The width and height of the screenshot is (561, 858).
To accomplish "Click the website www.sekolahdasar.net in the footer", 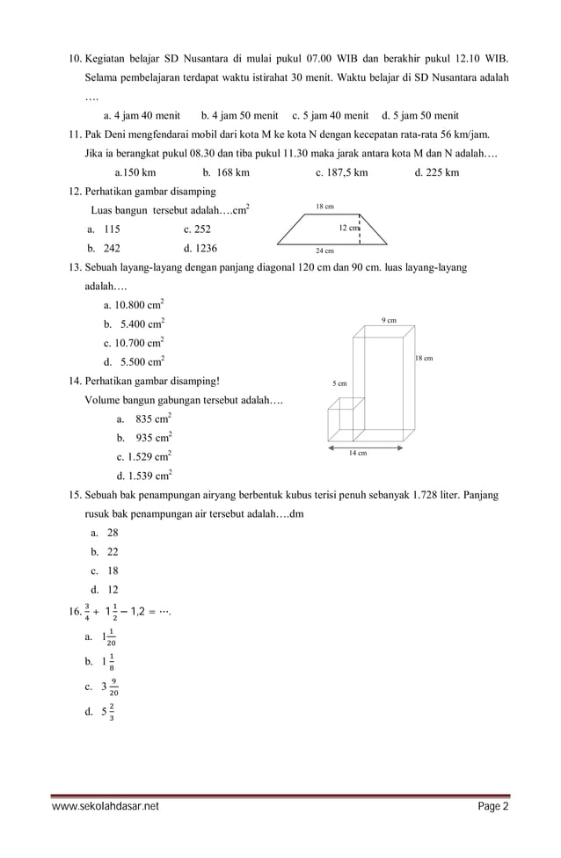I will [x=106, y=806].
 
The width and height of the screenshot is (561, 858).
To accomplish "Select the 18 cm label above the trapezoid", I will [x=324, y=206].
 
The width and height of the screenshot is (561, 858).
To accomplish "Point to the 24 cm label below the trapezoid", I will [x=324, y=251].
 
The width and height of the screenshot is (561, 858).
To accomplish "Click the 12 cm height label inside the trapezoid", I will [x=349, y=228].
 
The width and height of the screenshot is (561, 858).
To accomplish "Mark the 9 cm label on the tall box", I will [x=390, y=320].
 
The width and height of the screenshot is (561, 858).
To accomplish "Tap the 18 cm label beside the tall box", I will [x=424, y=359].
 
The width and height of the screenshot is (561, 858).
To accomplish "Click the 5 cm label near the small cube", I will [x=339, y=383].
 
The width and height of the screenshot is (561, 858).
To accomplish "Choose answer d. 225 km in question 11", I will [x=436, y=172].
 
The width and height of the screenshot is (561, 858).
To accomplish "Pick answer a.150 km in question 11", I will [x=135, y=172].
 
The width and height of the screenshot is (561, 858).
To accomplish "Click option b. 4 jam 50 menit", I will [x=239, y=115].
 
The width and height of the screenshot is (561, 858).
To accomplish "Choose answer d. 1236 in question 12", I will [x=200, y=248].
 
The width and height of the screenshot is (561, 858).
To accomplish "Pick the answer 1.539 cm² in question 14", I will [x=144, y=476].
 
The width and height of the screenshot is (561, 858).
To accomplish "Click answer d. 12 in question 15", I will [x=105, y=590].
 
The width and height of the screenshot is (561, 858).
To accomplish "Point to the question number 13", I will [x=75, y=267].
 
